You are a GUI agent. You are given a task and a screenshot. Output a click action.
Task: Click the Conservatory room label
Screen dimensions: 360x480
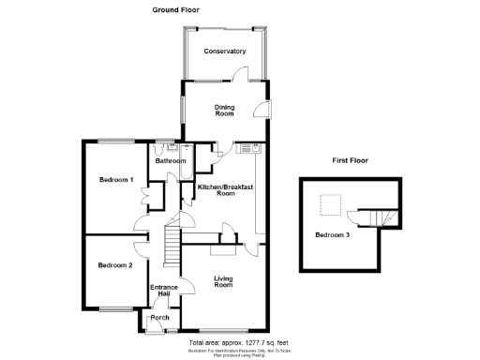point(225,52)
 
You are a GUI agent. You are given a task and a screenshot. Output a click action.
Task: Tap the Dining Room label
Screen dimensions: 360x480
point(224,111)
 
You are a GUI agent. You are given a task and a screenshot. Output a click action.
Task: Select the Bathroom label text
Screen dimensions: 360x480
point(171,161)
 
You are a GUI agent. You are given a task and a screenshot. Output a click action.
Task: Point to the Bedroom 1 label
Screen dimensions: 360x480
point(117,178)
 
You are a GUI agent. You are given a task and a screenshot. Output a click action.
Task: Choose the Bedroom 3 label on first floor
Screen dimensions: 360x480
point(332,234)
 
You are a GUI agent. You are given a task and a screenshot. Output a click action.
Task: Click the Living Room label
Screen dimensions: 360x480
point(223,281)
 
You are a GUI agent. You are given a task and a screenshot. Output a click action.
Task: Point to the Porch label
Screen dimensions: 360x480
point(159,317)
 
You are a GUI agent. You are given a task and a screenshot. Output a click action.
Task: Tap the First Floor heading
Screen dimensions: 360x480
point(350,160)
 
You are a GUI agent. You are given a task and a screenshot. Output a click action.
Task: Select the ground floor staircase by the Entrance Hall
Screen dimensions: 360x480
point(172,245)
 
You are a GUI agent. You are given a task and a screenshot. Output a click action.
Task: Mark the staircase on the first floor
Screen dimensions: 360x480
point(381,217)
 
